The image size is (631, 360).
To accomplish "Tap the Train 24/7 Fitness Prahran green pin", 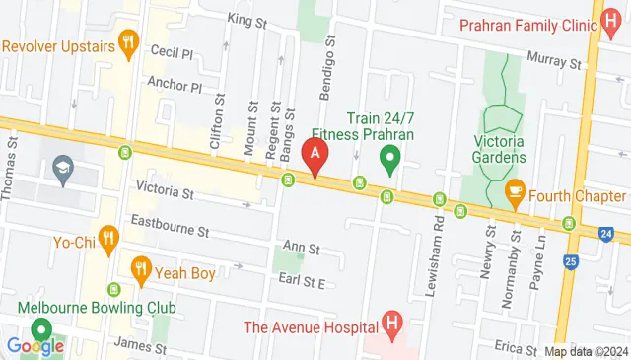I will point(389,157).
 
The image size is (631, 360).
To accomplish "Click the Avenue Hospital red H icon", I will point(393,323).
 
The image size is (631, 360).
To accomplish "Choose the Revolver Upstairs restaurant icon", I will point(126,41).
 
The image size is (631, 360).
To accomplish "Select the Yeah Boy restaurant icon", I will point(141,267).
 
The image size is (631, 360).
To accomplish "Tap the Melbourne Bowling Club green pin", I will point(41,330).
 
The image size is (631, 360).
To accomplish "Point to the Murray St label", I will point(553,60).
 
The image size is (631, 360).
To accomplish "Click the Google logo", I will point(35,345).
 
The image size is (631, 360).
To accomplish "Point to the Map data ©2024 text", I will point(586,351).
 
